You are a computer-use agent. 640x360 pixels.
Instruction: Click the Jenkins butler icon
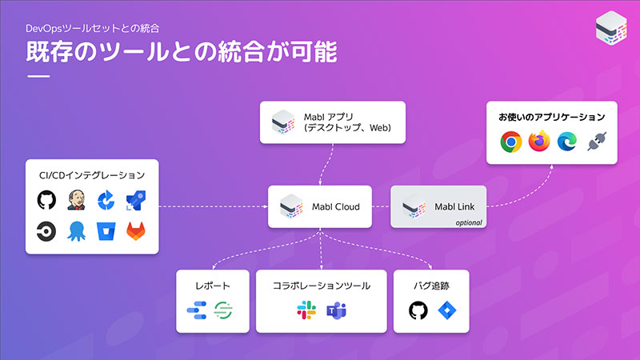click(76, 200)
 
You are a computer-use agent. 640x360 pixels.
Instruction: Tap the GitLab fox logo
click(136, 231)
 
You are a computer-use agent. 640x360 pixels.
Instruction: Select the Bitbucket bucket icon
click(106, 231)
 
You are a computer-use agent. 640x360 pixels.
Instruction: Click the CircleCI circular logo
click(46, 231)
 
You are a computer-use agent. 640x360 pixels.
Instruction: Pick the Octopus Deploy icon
click(76, 231)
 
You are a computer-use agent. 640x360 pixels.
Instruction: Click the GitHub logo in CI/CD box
click(46, 200)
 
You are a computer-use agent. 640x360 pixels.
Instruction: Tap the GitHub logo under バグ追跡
click(418, 310)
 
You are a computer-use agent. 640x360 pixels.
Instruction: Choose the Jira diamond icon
click(447, 310)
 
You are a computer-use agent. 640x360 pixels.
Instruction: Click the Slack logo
click(306, 310)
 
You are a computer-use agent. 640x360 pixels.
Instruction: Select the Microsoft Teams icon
click(336, 310)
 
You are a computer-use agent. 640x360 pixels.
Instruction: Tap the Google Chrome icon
click(511, 142)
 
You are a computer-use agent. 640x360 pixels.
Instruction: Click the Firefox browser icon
click(539, 142)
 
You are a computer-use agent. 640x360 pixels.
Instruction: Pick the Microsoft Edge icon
click(567, 142)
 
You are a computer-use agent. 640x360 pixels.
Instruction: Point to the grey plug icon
click(597, 142)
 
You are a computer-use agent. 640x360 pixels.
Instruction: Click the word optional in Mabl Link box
click(469, 223)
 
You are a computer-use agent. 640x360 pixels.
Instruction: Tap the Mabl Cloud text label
click(335, 207)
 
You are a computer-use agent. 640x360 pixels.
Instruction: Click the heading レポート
click(213, 286)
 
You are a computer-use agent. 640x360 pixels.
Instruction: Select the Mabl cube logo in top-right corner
click(611, 28)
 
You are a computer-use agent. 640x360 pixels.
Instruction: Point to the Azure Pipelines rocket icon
click(136, 200)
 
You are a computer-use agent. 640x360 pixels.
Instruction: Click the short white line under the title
click(38, 76)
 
